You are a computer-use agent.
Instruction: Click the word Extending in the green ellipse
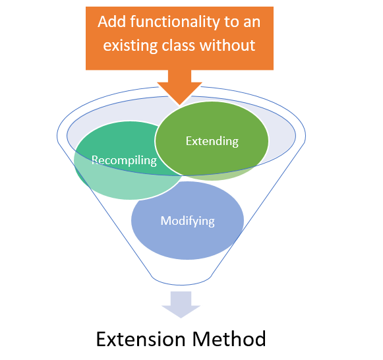coord(212,141)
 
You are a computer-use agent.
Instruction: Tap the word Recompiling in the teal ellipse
coord(124,160)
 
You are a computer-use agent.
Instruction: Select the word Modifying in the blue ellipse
coord(187,220)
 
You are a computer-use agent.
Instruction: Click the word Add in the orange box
coord(112,21)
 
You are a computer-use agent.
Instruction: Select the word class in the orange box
coord(187,46)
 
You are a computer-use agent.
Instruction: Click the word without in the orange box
coord(233,46)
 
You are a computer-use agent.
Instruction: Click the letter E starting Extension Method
coord(102,339)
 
